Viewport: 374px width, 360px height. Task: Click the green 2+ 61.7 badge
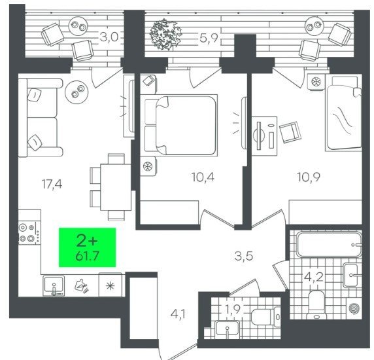point(88,247)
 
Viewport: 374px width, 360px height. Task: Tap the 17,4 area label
point(52,184)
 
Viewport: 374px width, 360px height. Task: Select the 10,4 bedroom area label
point(203,177)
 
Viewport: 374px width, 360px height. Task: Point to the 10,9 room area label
point(309,177)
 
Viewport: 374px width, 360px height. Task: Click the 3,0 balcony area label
point(109,37)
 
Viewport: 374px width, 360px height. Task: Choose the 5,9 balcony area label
point(209,38)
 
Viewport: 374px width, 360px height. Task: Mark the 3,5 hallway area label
point(244,256)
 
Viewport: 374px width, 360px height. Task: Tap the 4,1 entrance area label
point(178,314)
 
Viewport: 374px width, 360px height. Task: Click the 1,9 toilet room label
point(232,309)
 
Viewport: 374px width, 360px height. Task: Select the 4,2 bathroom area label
point(314,278)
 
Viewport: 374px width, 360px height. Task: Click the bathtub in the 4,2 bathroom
point(329,244)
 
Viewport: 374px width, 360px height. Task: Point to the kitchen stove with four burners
point(29,233)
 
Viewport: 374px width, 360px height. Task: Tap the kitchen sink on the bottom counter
point(54,285)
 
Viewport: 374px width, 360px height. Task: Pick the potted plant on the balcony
point(165,35)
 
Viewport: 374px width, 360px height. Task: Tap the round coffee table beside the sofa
point(76,92)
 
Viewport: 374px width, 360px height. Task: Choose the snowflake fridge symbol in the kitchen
point(110,285)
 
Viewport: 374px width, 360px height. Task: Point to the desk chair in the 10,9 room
point(290,132)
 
